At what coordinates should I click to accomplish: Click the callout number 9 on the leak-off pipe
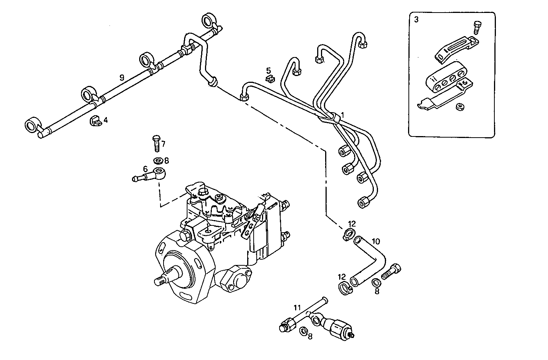click(122, 78)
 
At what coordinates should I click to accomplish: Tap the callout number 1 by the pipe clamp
click(342, 114)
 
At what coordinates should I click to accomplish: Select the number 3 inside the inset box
click(416, 20)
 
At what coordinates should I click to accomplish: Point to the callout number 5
click(268, 70)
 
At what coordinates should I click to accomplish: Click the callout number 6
click(145, 168)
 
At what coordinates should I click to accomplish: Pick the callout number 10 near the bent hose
click(376, 241)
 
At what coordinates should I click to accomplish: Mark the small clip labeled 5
click(270, 79)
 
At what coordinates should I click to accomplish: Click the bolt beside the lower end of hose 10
click(391, 271)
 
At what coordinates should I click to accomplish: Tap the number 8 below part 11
click(310, 336)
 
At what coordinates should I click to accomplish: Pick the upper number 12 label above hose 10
click(352, 223)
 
